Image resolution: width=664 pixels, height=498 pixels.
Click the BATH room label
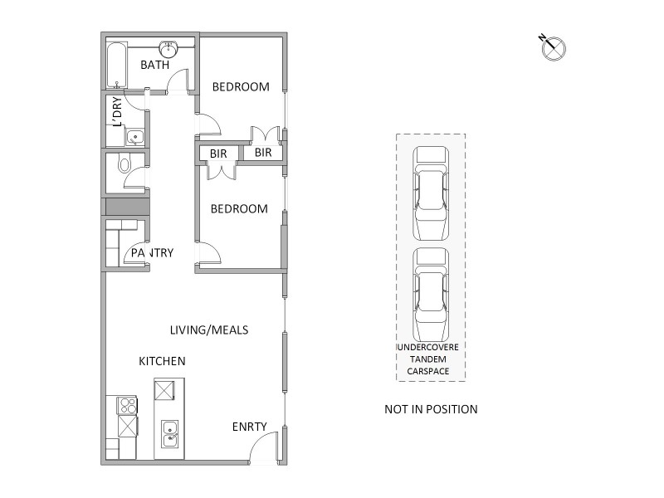click(154, 65)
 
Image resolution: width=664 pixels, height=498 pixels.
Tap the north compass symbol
click(553, 48)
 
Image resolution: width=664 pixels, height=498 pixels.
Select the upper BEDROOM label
click(241, 87)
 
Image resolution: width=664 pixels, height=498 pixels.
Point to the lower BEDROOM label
click(239, 209)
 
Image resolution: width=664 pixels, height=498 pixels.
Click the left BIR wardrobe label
click(218, 154)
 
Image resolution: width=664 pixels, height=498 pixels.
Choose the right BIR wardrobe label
click(264, 153)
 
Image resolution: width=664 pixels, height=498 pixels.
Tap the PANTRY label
click(151, 253)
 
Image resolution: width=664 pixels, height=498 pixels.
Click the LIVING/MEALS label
click(209, 330)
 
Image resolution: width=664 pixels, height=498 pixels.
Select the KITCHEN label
click(162, 362)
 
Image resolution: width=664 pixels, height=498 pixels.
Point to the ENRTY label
click(249, 427)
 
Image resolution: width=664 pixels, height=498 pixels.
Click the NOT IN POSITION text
click(431, 409)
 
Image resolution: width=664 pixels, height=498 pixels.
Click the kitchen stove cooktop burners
click(129, 406)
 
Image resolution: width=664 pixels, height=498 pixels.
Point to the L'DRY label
click(118, 112)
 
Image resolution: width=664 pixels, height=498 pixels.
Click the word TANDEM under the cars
click(430, 359)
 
